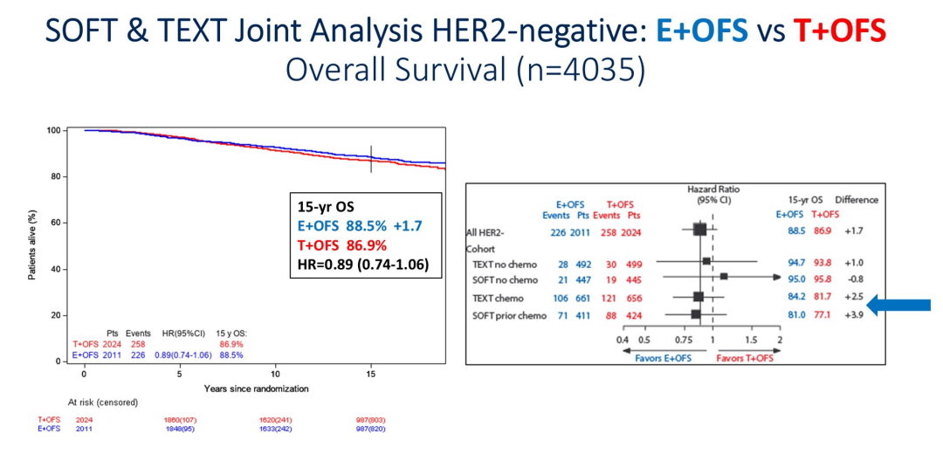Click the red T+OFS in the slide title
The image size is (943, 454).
tap(838, 32)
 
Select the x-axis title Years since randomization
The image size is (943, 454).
tap(256, 388)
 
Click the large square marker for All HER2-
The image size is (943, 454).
tap(699, 230)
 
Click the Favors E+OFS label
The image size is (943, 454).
tap(666, 357)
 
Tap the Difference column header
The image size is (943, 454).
tap(857, 200)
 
